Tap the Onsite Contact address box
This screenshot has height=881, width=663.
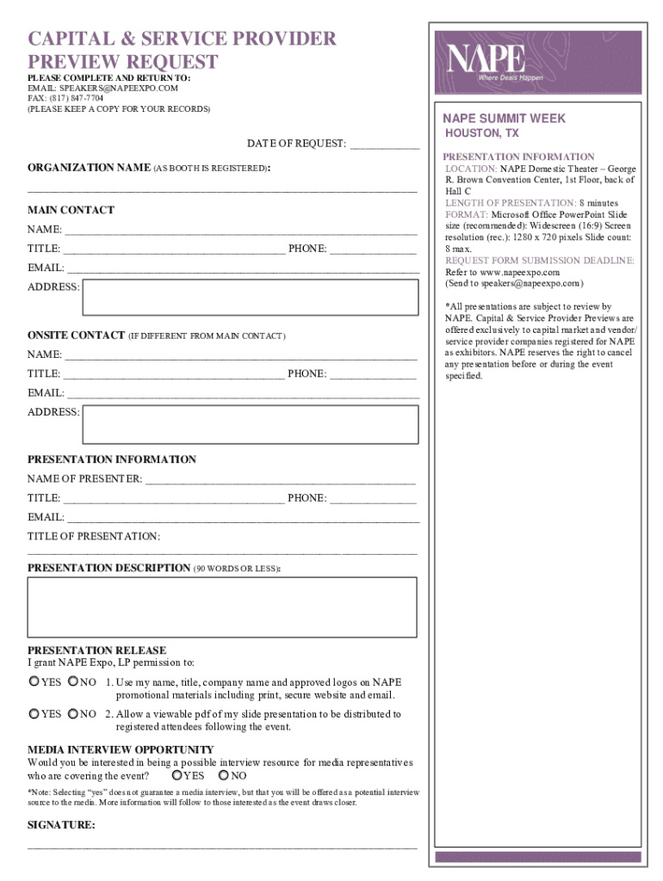(x=250, y=423)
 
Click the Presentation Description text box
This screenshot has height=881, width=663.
(x=222, y=606)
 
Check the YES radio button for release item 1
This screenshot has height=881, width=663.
(x=34, y=682)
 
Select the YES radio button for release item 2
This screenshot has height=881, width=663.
(x=34, y=714)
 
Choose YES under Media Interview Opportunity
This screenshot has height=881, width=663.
(x=177, y=776)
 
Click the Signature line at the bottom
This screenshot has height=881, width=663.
(x=222, y=847)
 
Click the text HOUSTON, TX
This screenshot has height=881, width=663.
(x=481, y=134)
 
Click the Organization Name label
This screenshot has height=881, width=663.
(x=90, y=168)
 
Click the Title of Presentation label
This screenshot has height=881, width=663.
(x=93, y=537)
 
